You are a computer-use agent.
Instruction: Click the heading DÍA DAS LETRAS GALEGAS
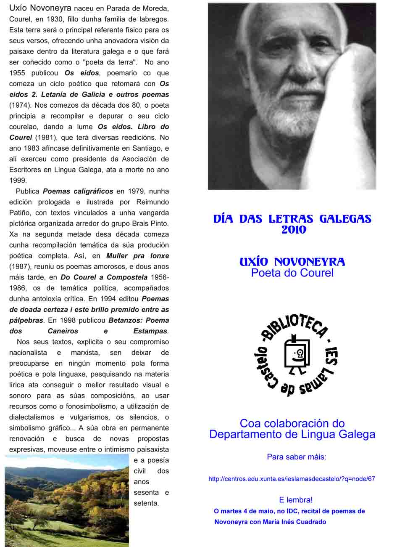(x=292, y=219)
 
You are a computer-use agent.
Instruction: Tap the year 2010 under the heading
(x=294, y=230)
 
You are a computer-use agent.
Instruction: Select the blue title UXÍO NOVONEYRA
(x=292, y=262)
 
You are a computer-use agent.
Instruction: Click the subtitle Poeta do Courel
(x=292, y=273)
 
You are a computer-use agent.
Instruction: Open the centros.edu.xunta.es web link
(x=292, y=479)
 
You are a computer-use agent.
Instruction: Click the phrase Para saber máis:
(x=297, y=457)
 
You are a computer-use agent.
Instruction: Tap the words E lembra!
(x=296, y=500)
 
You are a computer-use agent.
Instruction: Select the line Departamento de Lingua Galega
(x=292, y=434)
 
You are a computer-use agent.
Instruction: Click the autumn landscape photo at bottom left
(x=66, y=500)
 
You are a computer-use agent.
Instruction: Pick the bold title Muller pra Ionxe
(x=137, y=255)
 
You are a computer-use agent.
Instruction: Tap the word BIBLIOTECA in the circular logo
(x=294, y=327)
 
